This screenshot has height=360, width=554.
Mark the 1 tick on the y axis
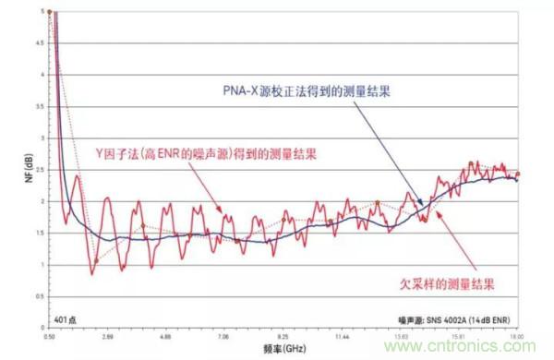(x=44, y=265)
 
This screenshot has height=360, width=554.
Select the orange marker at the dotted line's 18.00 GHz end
(x=518, y=174)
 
